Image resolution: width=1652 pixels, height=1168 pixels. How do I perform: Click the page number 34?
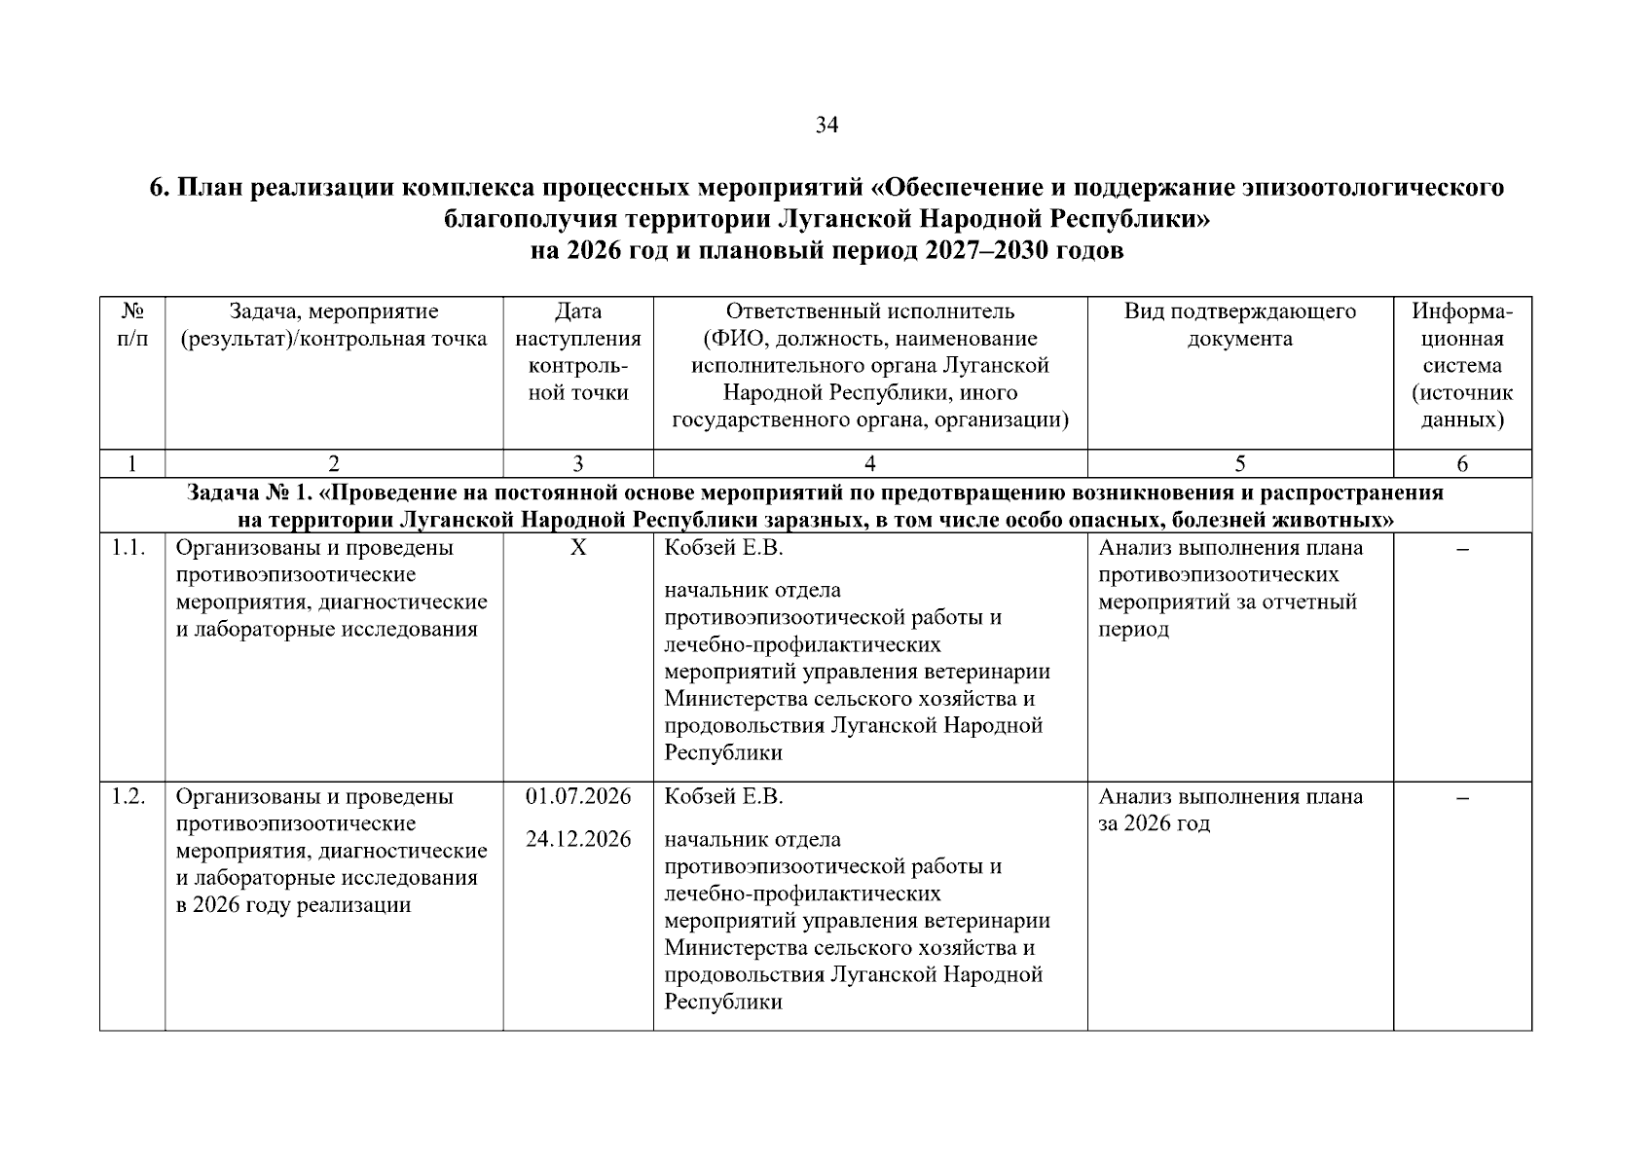click(826, 126)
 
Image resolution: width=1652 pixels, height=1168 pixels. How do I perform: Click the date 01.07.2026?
click(578, 797)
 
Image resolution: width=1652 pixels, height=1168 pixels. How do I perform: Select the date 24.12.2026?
click(578, 839)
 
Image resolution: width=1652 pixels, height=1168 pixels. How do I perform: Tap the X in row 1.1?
click(578, 548)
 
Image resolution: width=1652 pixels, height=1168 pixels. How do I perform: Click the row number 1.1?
click(128, 548)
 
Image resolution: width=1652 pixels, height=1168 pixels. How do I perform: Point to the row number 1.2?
click(128, 797)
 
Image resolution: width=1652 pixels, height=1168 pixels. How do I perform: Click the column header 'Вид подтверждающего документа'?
click(1239, 325)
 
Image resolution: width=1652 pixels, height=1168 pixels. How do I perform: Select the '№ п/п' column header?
click(132, 325)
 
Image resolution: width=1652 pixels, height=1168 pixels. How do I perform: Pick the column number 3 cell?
click(578, 464)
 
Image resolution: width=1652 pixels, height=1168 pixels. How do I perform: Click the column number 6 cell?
click(1462, 464)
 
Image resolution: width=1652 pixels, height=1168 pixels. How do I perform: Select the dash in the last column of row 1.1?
click(1462, 551)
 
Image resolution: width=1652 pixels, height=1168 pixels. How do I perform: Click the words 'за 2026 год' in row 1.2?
click(1155, 824)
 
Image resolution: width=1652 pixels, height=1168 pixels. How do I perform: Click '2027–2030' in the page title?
click(985, 251)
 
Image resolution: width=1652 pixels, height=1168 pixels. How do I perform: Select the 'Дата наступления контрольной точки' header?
click(578, 352)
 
